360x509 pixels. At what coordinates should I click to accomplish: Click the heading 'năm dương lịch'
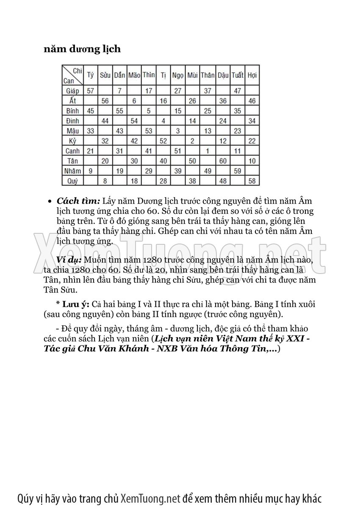click(82, 49)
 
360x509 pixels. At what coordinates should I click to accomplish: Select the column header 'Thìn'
click(149, 76)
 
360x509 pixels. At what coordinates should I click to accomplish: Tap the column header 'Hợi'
click(252, 76)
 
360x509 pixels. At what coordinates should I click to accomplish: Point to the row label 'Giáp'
click(73, 91)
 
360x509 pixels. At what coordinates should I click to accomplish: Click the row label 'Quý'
click(73, 181)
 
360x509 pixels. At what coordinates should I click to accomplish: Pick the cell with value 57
click(90, 91)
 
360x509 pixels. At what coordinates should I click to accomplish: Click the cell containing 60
click(223, 161)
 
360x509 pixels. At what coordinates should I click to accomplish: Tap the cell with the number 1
click(208, 151)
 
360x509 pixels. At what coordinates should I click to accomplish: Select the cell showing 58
click(252, 181)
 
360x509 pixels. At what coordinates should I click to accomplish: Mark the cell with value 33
click(90, 131)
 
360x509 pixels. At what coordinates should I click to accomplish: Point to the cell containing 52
click(163, 141)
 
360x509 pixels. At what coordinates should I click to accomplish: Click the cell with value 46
click(252, 101)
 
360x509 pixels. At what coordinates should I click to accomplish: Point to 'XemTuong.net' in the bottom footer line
click(150, 498)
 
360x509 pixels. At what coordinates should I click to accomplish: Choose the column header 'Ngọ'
click(178, 76)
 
